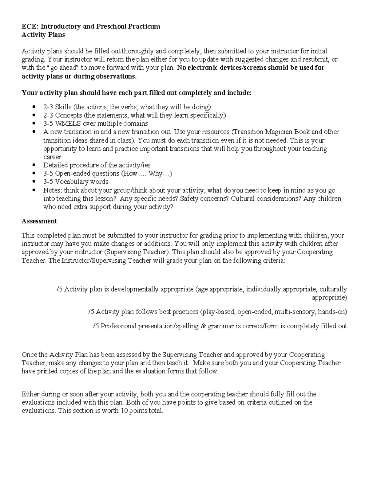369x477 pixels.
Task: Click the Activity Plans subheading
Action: coord(43,35)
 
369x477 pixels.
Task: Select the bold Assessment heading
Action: coord(39,221)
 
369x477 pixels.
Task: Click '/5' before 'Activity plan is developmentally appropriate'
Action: coord(60,289)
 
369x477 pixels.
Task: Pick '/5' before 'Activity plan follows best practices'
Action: coord(91,312)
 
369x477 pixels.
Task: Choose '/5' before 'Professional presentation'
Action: coord(96,326)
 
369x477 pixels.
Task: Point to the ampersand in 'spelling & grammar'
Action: coord(203,326)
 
